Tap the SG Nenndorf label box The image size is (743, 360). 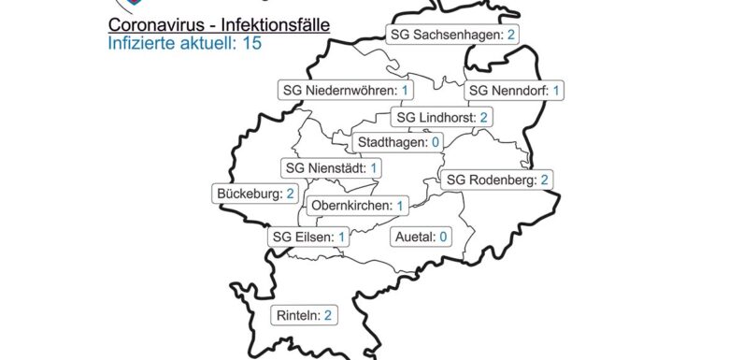(515, 91)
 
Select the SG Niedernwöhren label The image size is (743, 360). (347, 91)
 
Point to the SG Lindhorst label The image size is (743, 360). (443, 118)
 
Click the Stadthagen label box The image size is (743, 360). (398, 143)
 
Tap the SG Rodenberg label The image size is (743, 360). (497, 180)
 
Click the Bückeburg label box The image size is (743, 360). (255, 194)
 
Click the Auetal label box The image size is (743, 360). (422, 238)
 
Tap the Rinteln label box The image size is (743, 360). (304, 316)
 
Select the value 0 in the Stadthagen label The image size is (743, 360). (435, 143)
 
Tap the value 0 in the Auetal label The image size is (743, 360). (443, 238)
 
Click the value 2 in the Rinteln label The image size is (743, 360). (328, 316)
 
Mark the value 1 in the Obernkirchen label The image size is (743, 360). (400, 206)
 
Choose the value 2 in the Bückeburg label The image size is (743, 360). (291, 194)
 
